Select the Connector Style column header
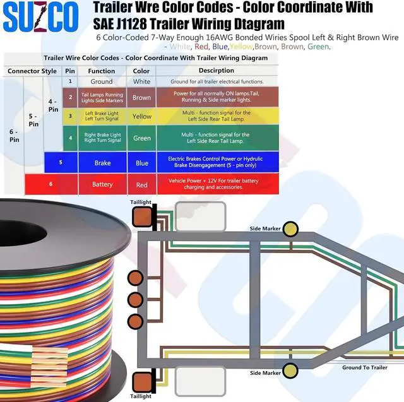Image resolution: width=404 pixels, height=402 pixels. click(32, 71)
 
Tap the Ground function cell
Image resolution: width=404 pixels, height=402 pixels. click(102, 81)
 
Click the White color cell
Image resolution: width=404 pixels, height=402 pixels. click(141, 81)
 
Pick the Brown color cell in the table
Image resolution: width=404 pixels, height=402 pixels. click(141, 98)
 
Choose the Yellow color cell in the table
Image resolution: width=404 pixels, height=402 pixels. click(141, 116)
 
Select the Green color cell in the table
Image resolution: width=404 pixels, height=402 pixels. click(141, 138)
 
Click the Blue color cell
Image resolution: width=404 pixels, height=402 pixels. click(141, 163)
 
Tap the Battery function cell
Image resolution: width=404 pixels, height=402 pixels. click(102, 184)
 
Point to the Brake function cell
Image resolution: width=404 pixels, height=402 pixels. click(102, 163)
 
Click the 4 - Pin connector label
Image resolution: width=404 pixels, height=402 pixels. click(53, 105)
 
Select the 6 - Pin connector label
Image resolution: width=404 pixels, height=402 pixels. click(13, 134)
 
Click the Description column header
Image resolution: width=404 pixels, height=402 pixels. click(216, 71)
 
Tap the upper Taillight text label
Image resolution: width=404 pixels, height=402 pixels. click(141, 203)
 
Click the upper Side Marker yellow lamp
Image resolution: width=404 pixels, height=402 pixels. click(290, 229)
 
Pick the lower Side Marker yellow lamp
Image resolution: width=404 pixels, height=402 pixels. click(290, 370)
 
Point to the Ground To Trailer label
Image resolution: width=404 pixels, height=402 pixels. click(365, 367)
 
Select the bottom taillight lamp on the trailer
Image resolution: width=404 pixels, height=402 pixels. click(141, 381)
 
